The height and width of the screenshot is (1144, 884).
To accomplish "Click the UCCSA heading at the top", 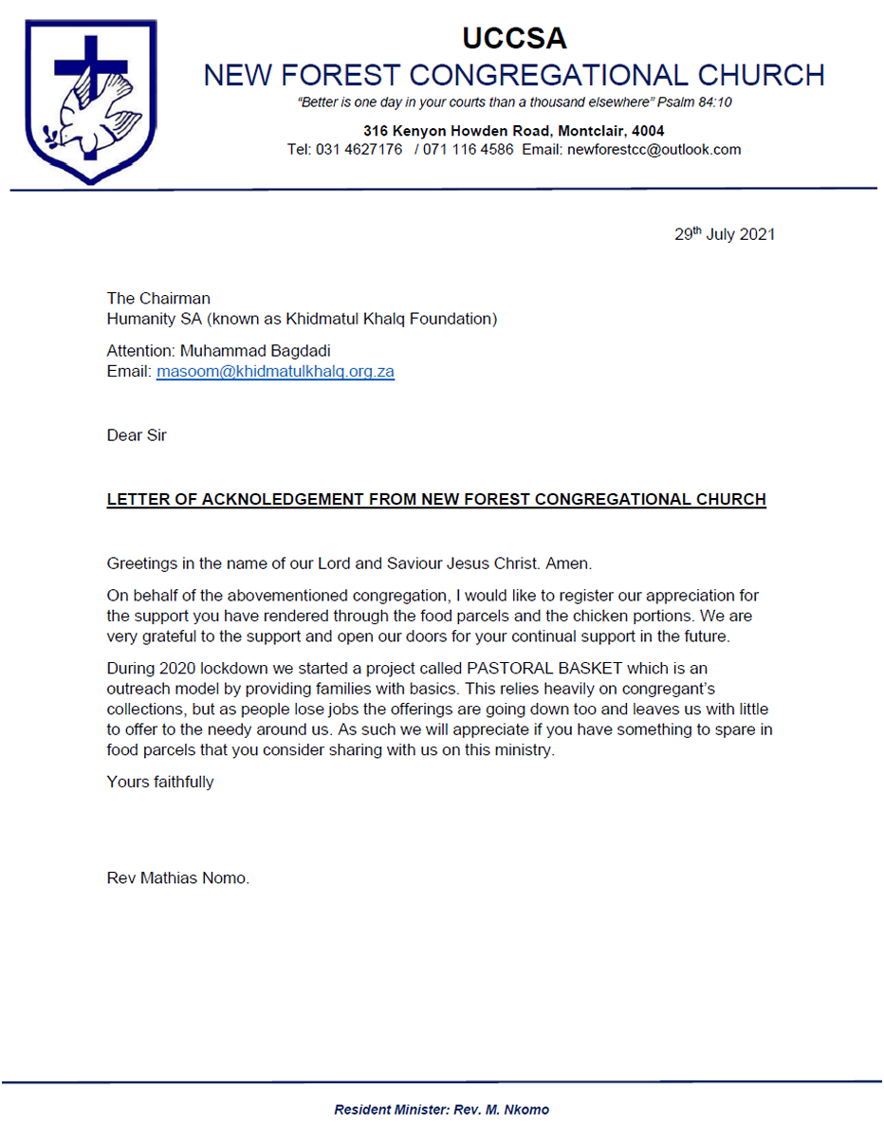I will (x=514, y=39).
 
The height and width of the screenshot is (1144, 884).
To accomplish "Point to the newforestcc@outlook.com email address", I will (x=654, y=150).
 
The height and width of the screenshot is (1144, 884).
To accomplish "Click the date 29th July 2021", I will (x=725, y=235).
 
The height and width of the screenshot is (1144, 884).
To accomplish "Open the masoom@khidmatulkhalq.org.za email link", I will (x=275, y=372).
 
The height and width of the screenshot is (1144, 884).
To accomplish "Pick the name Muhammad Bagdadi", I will (x=249, y=351).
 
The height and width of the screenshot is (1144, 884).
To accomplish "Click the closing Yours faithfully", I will (x=160, y=782).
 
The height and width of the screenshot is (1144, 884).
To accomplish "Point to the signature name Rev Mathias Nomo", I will (x=178, y=878).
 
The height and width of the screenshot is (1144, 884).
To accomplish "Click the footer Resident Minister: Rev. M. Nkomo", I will (x=441, y=1110).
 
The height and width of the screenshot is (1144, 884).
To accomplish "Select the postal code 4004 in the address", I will (x=647, y=131).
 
